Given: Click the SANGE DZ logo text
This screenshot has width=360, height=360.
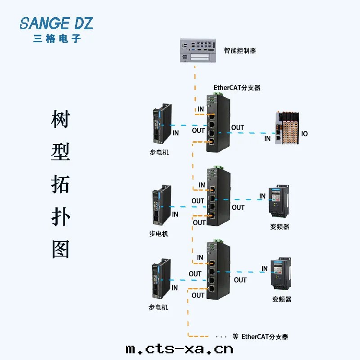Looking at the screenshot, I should pyautogui.click(x=56, y=23).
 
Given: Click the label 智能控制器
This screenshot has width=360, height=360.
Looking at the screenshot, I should pyautogui.click(x=240, y=51).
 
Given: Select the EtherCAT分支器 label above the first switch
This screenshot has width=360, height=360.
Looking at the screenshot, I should pyautogui.click(x=237, y=88).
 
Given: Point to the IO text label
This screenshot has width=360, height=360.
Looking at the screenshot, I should pyautogui.click(x=304, y=134).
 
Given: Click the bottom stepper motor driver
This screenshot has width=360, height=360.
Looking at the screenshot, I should pyautogui.click(x=162, y=280).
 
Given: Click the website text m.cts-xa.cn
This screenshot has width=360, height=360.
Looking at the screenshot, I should pyautogui.click(x=179, y=349).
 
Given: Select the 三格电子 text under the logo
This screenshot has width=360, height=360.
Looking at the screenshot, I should pyautogui.click(x=57, y=39).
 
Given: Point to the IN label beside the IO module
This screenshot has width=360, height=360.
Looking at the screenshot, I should pyautogui.click(x=268, y=138).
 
